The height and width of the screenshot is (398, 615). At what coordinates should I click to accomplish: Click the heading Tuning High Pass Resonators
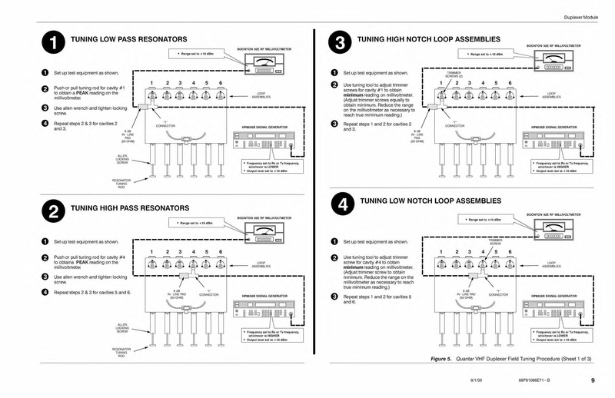tap(129, 208)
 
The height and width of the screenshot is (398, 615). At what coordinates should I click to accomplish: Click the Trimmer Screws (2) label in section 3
tap(454, 75)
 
